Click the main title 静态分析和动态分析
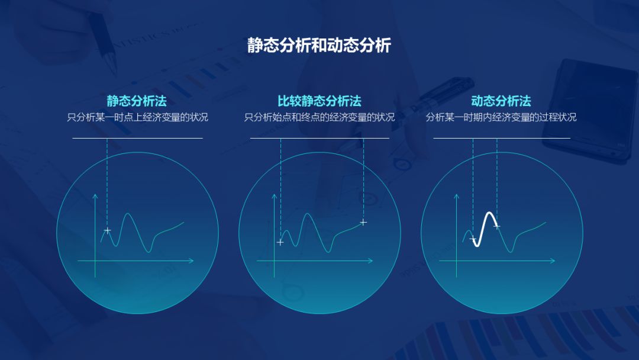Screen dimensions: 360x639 319,46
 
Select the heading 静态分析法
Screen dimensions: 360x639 137,101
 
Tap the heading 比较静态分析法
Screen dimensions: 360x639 319,101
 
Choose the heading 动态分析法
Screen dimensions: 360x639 501,101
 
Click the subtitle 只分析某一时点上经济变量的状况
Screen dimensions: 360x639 137,117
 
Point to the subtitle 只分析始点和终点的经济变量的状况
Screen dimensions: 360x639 319,117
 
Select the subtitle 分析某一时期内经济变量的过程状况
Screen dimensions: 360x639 501,117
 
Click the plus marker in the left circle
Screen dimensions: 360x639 107,230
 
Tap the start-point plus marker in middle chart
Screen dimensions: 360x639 280,242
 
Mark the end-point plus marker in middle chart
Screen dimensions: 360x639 363,222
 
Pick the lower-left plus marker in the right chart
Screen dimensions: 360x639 473,239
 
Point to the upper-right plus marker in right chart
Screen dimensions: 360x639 497,226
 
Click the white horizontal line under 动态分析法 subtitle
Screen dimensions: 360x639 501,138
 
